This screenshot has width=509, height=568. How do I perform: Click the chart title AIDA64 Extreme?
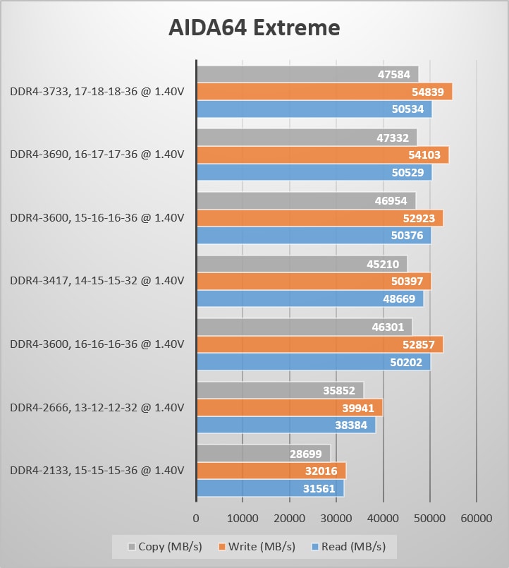254,28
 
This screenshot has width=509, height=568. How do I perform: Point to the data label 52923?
422,219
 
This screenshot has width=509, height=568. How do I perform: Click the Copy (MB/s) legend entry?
156,546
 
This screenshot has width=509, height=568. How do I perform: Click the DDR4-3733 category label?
97,92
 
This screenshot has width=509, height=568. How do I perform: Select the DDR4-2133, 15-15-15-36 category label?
97,471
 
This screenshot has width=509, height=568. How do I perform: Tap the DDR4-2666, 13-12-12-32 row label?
97,407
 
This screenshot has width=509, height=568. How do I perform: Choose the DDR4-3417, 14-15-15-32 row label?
97,281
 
